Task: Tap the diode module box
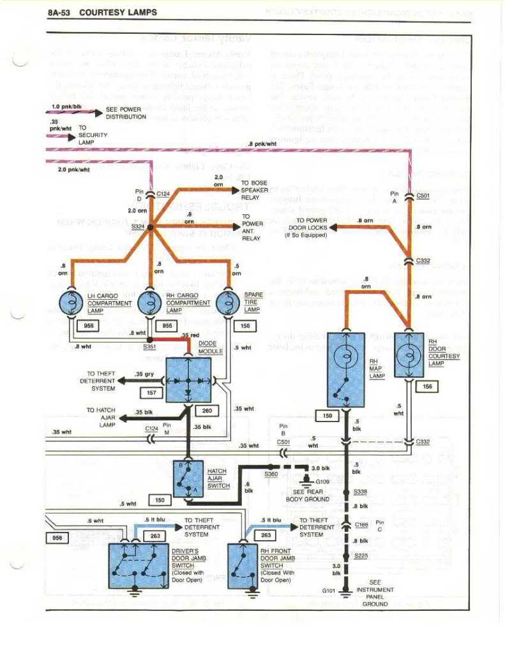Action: tap(188, 380)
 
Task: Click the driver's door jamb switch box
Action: tap(139, 564)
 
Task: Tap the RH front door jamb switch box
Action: tap(243, 564)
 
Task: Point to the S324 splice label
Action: tap(137, 226)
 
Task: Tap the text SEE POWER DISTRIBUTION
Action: tap(123, 113)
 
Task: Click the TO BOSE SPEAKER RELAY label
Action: tap(254, 190)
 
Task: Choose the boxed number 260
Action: tap(206, 410)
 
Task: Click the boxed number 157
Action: tap(151, 392)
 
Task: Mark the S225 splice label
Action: tap(360, 556)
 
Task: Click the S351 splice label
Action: tap(150, 346)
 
